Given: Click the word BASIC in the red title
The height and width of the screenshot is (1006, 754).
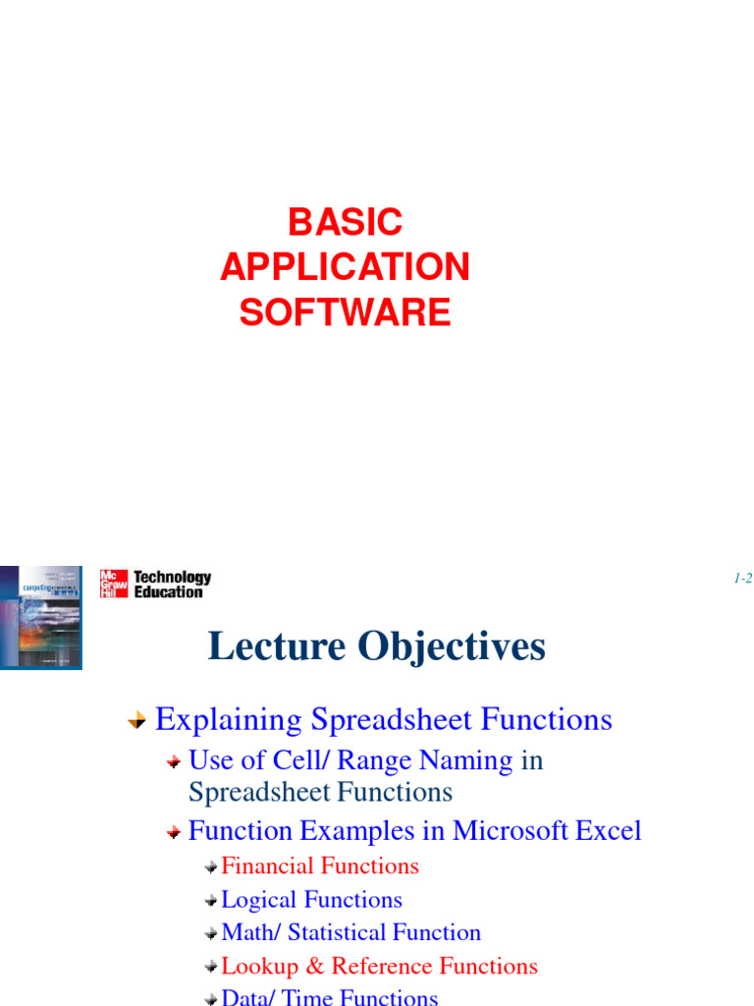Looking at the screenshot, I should click(x=345, y=222).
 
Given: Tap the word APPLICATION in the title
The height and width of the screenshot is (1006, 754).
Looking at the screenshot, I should click(x=345, y=267).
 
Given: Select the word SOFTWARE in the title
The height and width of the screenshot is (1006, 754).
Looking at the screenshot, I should click(x=345, y=312).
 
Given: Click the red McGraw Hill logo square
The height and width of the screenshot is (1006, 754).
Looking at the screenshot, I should click(x=114, y=584).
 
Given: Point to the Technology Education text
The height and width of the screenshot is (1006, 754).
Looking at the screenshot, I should click(x=172, y=585).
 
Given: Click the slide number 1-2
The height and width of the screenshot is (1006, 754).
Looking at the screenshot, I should click(x=742, y=579).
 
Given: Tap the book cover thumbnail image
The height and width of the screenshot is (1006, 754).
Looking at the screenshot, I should click(x=40, y=617).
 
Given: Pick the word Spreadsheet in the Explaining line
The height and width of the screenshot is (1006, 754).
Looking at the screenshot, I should click(x=378, y=720).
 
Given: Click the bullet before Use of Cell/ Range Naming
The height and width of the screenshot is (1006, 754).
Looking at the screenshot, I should click(x=173, y=762).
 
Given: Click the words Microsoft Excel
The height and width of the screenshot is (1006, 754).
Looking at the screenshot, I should click(x=547, y=831).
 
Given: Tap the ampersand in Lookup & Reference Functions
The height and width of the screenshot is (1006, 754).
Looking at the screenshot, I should click(x=315, y=967).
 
